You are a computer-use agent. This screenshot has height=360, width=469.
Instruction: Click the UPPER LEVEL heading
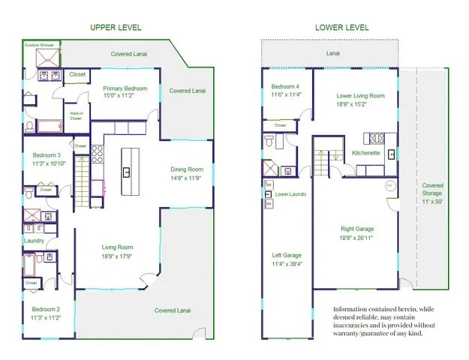116,28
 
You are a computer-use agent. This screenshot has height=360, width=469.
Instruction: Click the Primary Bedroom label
125,88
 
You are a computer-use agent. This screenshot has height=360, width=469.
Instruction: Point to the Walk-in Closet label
76,115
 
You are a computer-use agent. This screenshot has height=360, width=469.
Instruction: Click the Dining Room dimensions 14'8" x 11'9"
185,178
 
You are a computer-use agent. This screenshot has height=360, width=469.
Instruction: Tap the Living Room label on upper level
117,247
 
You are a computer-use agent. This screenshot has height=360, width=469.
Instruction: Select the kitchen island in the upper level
127,172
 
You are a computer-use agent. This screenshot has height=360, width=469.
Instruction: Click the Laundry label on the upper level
34,241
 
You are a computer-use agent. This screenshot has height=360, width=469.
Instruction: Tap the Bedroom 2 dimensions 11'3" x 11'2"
46,317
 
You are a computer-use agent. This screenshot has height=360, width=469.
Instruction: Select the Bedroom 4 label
286,86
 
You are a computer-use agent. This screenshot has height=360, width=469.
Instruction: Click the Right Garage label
357,229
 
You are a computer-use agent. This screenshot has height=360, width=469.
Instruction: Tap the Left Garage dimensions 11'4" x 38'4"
286,264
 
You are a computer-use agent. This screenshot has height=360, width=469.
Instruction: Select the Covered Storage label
432,190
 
